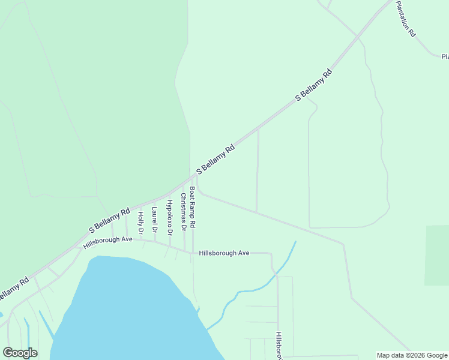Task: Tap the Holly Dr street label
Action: (x=140, y=223)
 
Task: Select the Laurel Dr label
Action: (x=154, y=220)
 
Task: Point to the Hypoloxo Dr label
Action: (x=169, y=217)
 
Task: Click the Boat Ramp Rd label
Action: (x=192, y=207)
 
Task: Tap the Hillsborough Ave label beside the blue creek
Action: (x=224, y=253)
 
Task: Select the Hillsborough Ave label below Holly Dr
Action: (x=107, y=243)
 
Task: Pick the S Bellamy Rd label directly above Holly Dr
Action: (x=109, y=220)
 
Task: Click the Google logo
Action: (x=20, y=353)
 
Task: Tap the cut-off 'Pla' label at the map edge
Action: (x=445, y=57)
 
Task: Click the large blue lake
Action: (x=126, y=306)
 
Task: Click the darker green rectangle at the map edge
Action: (x=436, y=255)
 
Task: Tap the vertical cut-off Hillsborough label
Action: (x=279, y=347)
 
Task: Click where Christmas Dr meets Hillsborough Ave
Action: (x=184, y=250)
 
